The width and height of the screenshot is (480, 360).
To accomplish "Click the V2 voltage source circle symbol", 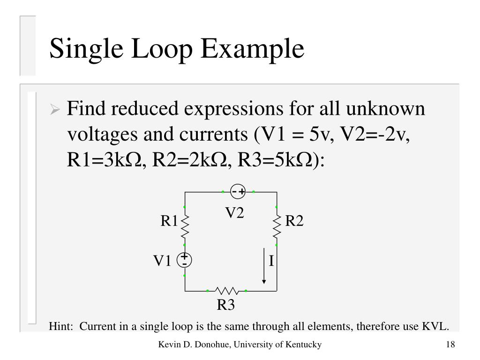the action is click(238, 191).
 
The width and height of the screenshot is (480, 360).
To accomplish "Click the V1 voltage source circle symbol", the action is click(185, 260).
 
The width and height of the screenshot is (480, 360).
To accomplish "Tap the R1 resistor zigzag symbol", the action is click(185, 226).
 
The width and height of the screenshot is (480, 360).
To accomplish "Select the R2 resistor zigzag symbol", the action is click(277, 226).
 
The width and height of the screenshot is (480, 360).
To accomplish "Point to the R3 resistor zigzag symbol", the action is click(226, 291).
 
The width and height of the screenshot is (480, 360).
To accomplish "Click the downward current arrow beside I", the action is click(264, 265).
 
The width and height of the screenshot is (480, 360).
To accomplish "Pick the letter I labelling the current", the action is click(271, 261).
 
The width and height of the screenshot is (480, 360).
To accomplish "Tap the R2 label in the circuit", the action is click(294, 221).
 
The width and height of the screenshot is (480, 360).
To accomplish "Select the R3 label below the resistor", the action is click(225, 305).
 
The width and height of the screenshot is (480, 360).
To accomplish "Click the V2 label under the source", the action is click(235, 213).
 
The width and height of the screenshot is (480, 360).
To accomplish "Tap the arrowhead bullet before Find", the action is click(55, 111).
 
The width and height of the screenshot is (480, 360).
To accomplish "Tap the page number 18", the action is click(450, 345).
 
